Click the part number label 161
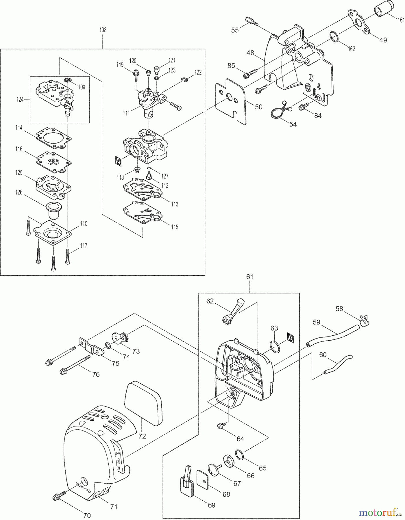pos(401,20)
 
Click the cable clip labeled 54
pos(280,111)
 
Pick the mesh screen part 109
pos(68,80)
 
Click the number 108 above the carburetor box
pos(103,30)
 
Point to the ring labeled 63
pos(275,346)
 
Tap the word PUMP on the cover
pos(81,486)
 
